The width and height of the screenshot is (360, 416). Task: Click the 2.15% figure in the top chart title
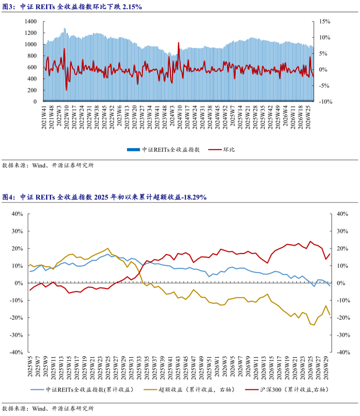(x=132, y=7)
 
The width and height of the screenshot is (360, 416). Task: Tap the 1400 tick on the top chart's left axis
(x=30, y=22)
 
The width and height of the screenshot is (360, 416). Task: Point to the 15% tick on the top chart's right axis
(x=325, y=22)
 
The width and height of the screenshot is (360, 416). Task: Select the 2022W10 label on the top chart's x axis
(x=66, y=117)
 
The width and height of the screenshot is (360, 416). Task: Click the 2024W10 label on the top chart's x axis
(x=179, y=117)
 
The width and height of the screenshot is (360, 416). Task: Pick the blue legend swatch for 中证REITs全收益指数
(x=133, y=150)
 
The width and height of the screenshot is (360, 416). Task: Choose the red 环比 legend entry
(x=222, y=150)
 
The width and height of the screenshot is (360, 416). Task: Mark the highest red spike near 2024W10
(x=178, y=43)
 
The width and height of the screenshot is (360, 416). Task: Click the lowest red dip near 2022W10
(x=66, y=90)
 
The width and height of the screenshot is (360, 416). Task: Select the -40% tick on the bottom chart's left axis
(x=16, y=352)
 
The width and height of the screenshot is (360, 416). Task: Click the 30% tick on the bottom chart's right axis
(x=343, y=231)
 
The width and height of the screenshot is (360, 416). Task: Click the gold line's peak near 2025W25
(x=107, y=248)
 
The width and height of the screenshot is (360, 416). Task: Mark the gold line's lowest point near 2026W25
(x=314, y=325)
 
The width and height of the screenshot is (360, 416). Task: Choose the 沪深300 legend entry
(x=287, y=389)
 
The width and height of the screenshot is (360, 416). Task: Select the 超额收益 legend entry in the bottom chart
(x=189, y=389)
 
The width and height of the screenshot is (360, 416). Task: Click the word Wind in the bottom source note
(x=39, y=409)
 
